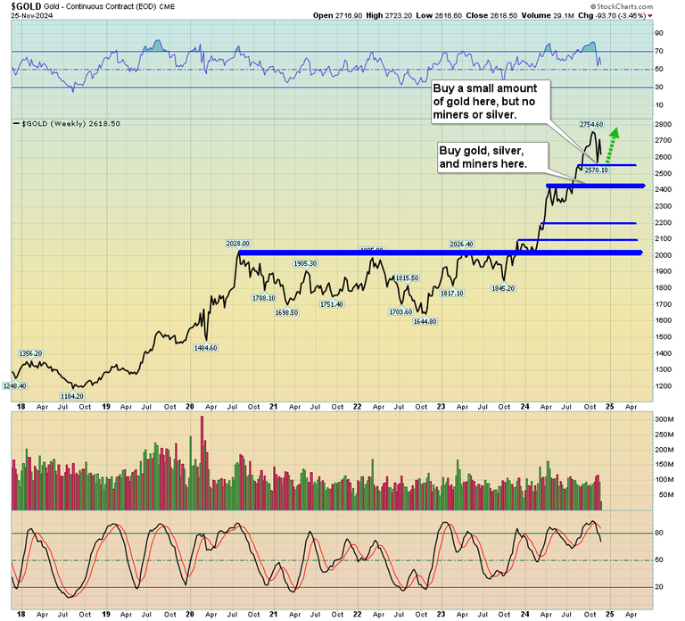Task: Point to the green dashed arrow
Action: click(x=612, y=142)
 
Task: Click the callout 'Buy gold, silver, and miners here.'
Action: click(x=483, y=158)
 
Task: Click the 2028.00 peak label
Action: click(x=238, y=243)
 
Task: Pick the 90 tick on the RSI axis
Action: click(x=660, y=33)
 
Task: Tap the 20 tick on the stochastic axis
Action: click(x=660, y=586)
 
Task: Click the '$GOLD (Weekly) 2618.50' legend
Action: click(x=69, y=124)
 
